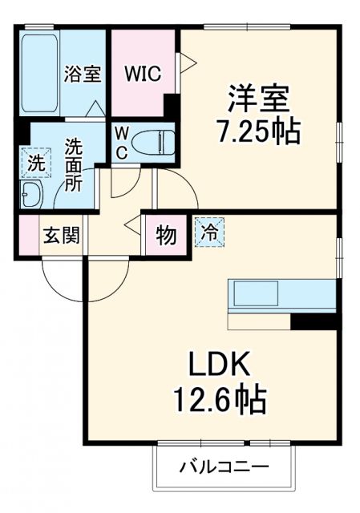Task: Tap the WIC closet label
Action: [142, 73]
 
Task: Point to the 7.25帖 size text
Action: [257, 130]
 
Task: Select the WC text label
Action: [123, 142]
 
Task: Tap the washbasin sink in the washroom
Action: [33, 194]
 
